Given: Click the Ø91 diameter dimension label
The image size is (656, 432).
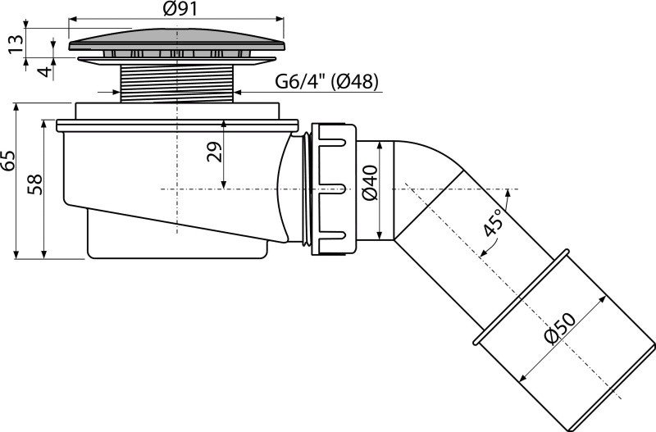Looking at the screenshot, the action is tap(180, 9).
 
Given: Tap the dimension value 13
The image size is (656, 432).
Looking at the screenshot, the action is tap(16, 44).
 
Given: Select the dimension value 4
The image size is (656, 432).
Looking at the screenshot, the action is tap(45, 72).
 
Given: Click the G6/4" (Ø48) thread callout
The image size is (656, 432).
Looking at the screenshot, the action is tap(326, 81).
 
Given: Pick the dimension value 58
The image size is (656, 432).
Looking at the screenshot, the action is tap(35, 184).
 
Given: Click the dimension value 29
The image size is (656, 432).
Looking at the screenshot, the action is tap(214, 152).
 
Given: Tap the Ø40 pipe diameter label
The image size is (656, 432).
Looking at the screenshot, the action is tap(370, 183).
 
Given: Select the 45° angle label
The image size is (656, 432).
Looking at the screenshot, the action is tap(493, 223).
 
